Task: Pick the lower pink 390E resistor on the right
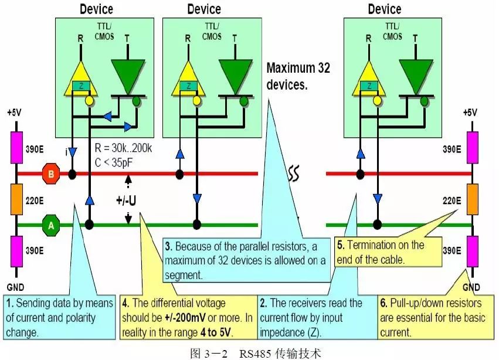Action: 472,251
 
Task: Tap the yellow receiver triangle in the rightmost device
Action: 368,73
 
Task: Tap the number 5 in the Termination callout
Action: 341,245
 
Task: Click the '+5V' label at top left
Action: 19,112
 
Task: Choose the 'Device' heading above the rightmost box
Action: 385,9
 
